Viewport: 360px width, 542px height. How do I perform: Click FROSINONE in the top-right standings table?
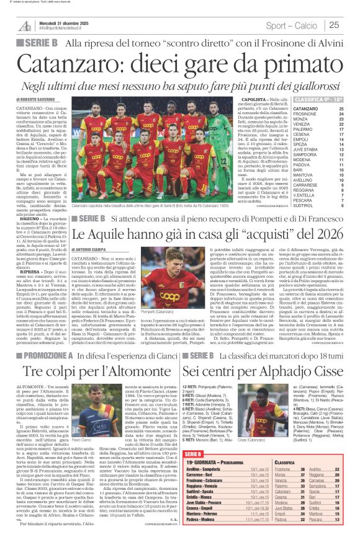point(305,114)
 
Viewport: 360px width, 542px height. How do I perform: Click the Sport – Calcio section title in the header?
point(292,25)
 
